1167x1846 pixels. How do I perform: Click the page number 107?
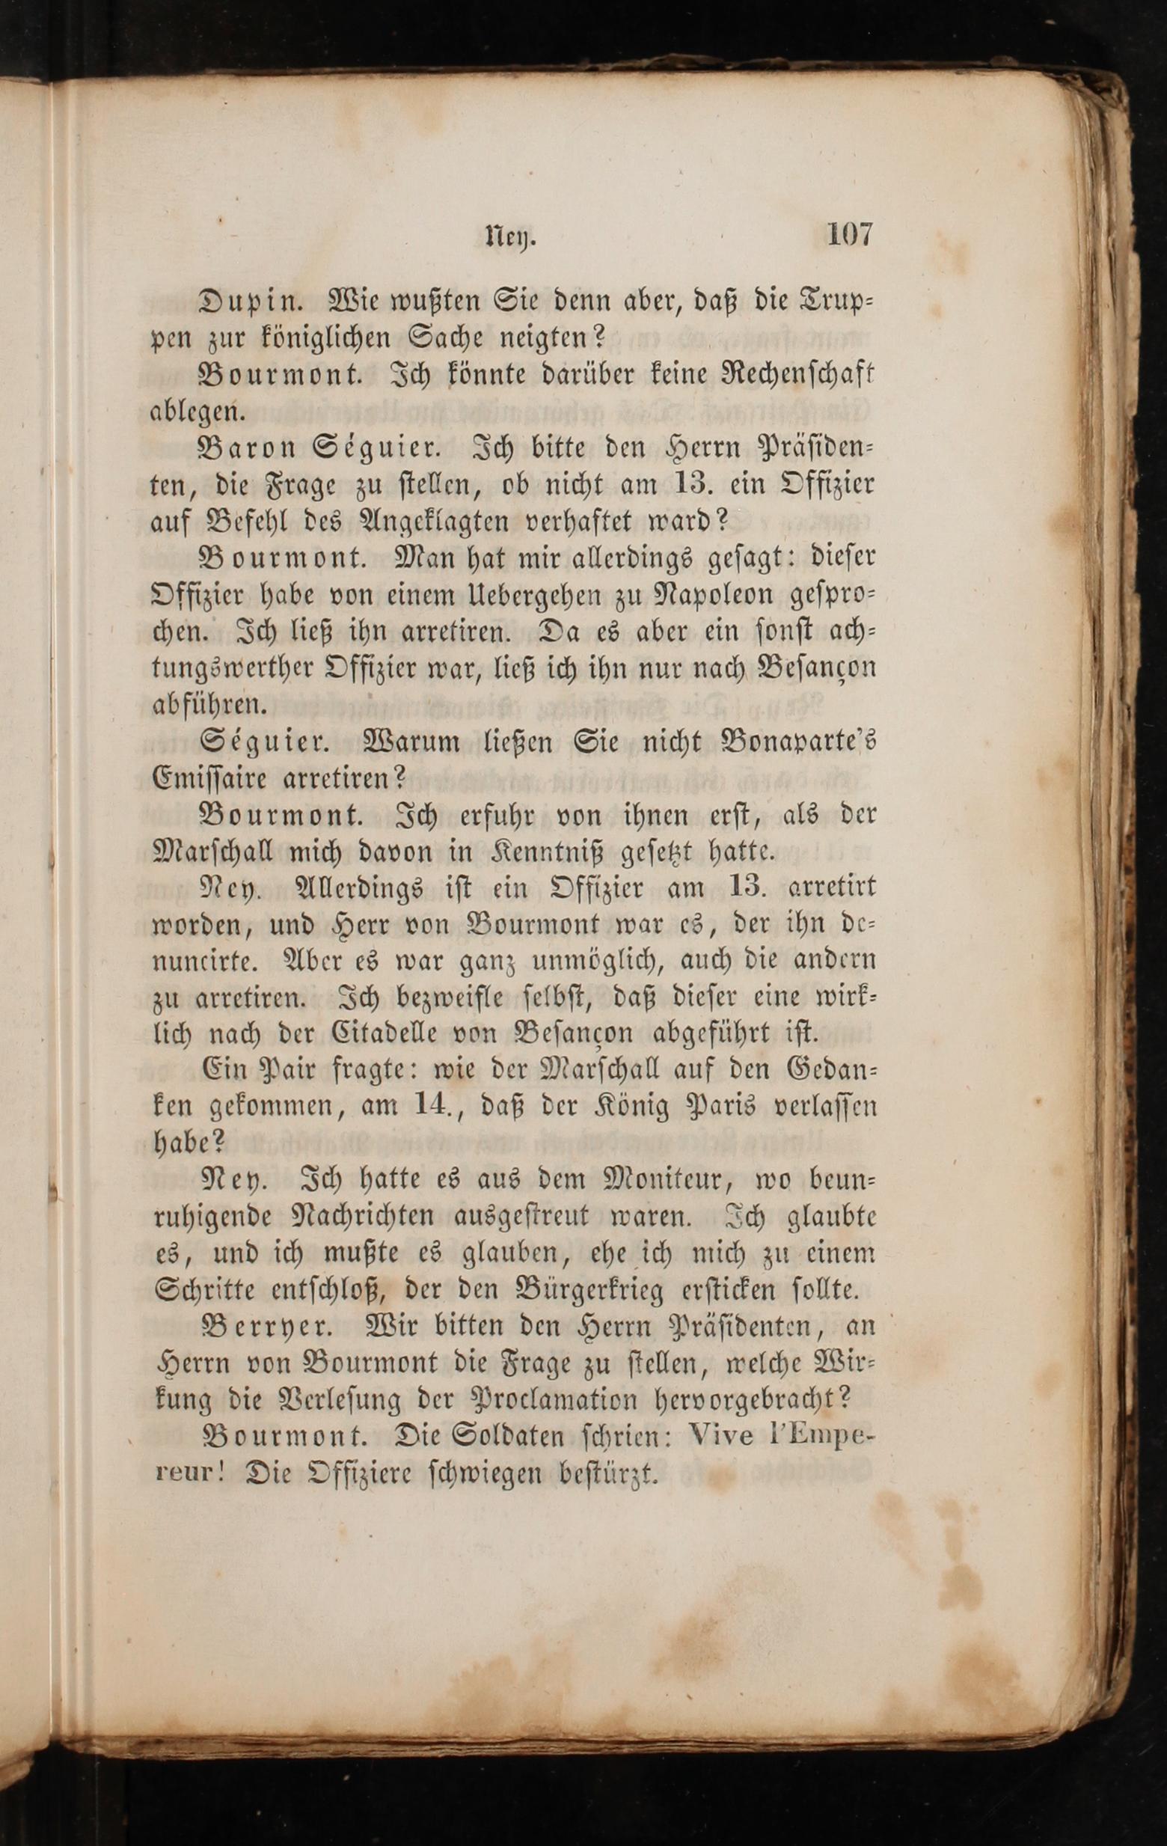(849, 233)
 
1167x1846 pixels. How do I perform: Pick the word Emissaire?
(209, 780)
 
